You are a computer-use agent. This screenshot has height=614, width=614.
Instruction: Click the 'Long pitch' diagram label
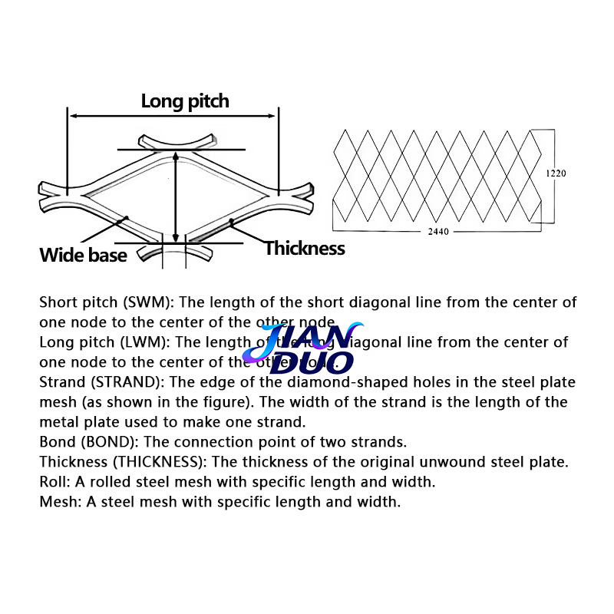coord(185,101)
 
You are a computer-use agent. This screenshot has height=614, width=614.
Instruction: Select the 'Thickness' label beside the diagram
coord(305,249)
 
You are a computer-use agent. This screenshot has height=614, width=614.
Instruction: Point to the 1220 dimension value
coord(556,173)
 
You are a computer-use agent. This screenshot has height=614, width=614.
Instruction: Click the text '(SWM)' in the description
coord(139,302)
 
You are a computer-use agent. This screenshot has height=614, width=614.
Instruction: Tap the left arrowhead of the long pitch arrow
coord(74,116)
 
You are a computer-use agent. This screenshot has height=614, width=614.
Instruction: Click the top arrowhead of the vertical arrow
coord(177,156)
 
